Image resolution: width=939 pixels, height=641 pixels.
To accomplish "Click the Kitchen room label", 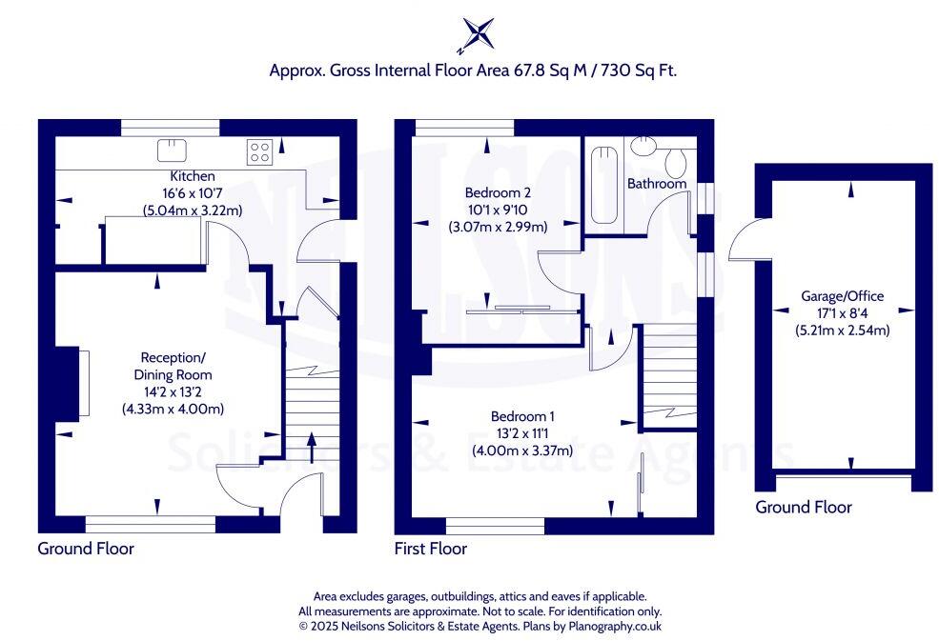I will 193,176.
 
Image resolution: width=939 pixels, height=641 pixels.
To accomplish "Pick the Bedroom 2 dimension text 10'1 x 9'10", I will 497,210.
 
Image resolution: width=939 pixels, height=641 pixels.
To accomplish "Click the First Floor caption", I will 430,549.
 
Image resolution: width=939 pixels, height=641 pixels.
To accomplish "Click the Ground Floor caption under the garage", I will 803,508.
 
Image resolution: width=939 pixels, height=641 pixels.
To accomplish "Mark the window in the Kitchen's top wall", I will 172,126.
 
